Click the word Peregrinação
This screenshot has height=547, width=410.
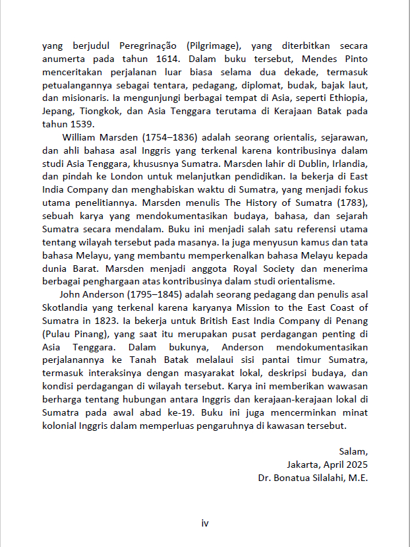(x=151, y=46)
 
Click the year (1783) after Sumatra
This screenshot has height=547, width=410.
(x=349, y=203)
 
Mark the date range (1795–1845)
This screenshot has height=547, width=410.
(x=129, y=294)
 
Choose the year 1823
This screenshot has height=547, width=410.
(x=100, y=321)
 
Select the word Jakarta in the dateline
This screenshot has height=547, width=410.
(x=303, y=465)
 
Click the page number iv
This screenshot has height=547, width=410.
(x=205, y=523)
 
